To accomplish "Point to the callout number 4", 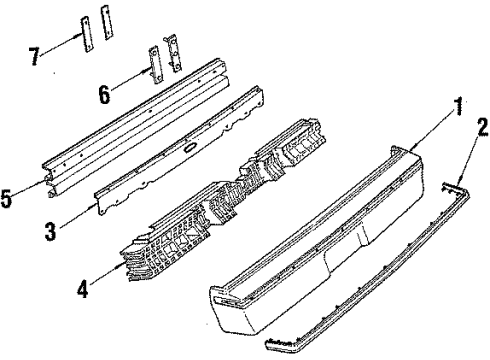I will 82,293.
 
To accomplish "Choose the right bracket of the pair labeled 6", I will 176,53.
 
